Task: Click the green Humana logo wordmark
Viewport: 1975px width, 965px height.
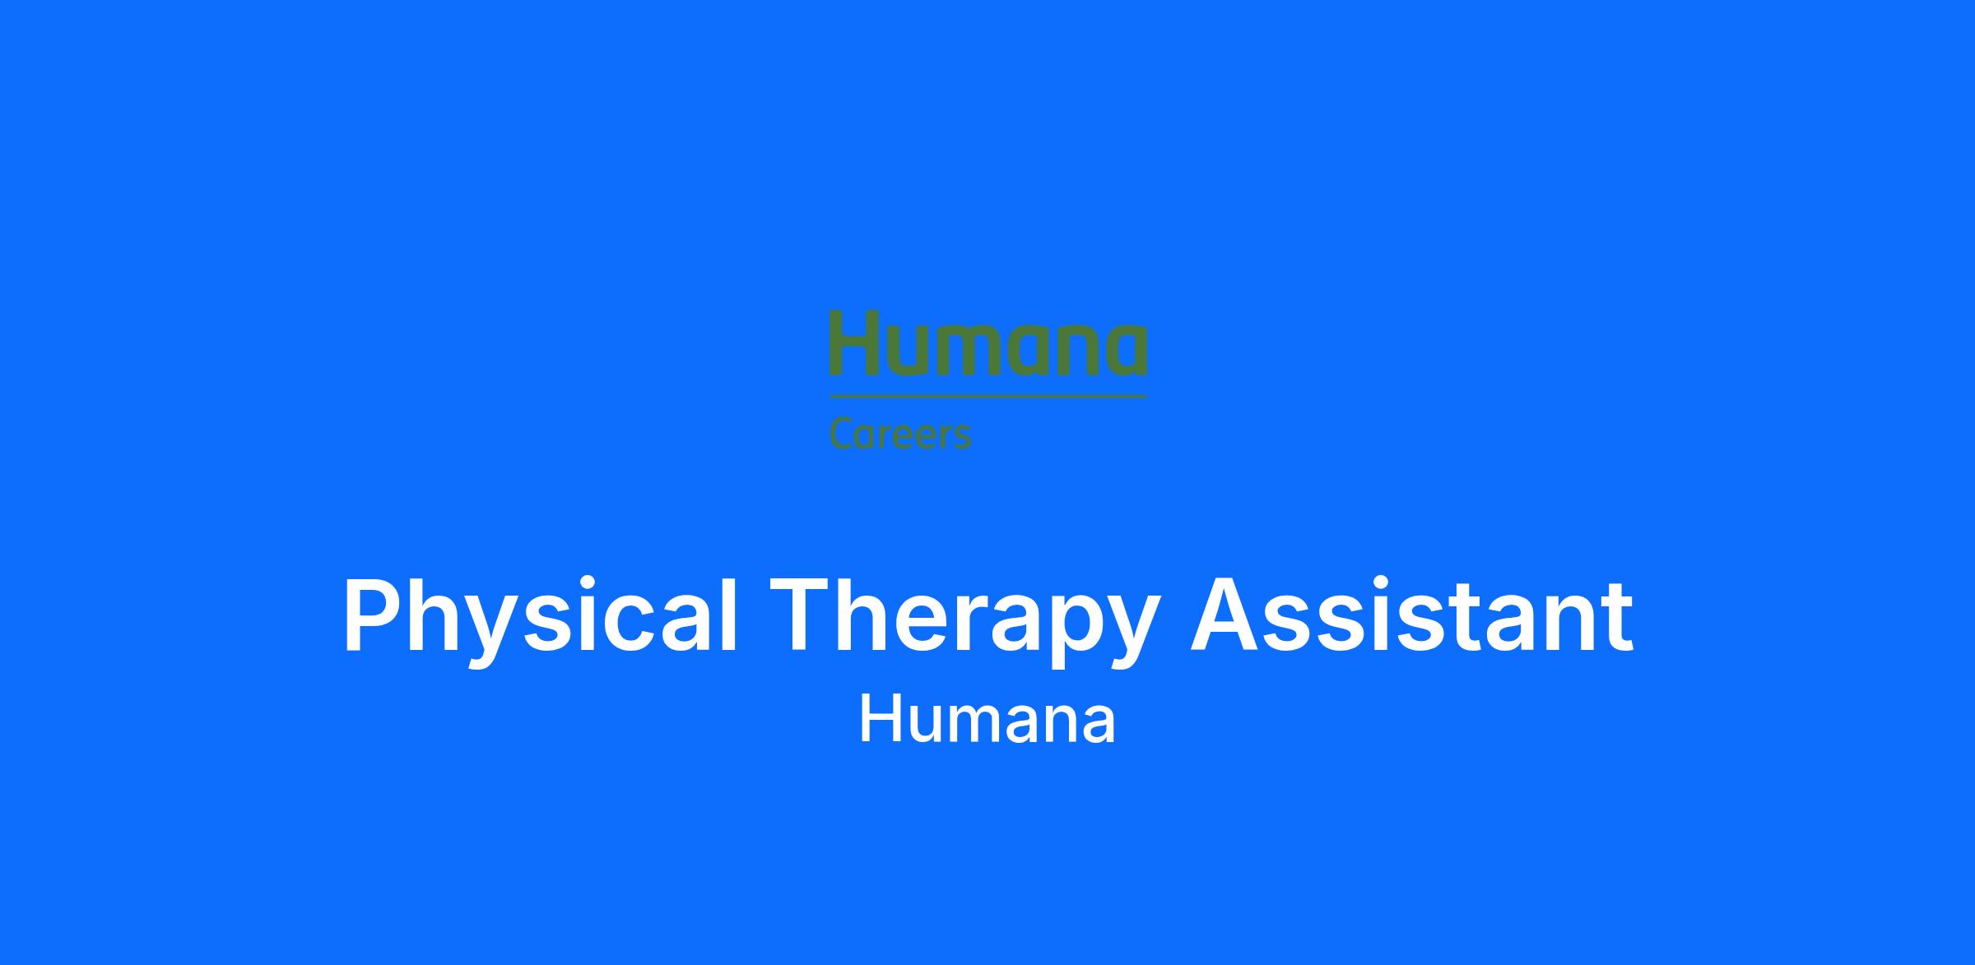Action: click(987, 342)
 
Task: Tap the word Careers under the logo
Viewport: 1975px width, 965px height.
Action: click(900, 434)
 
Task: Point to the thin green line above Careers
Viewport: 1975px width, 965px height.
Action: click(987, 397)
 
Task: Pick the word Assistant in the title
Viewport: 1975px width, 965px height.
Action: click(1411, 615)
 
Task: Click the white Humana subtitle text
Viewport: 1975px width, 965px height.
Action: click(987, 719)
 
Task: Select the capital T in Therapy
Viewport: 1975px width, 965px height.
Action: click(800, 615)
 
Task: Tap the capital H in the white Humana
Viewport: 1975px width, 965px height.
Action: click(880, 719)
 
